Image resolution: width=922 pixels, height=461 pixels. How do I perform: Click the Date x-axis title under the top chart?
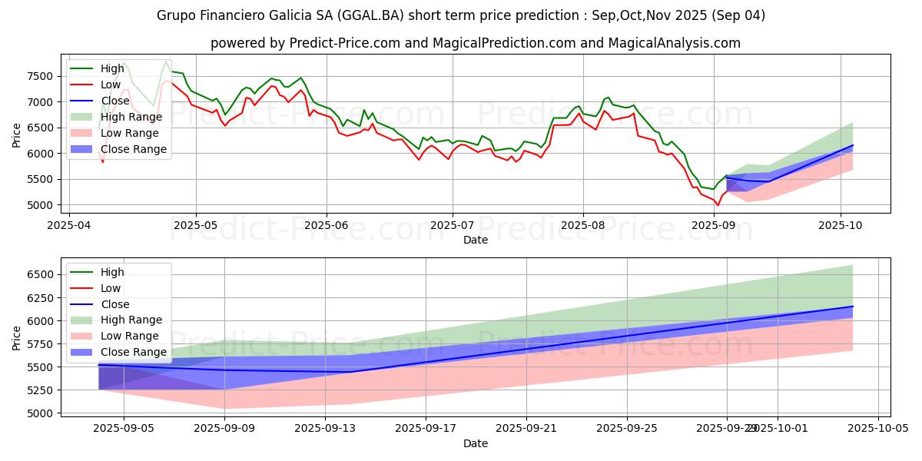[476, 240]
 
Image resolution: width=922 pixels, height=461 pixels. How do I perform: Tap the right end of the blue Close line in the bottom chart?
[853, 307]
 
